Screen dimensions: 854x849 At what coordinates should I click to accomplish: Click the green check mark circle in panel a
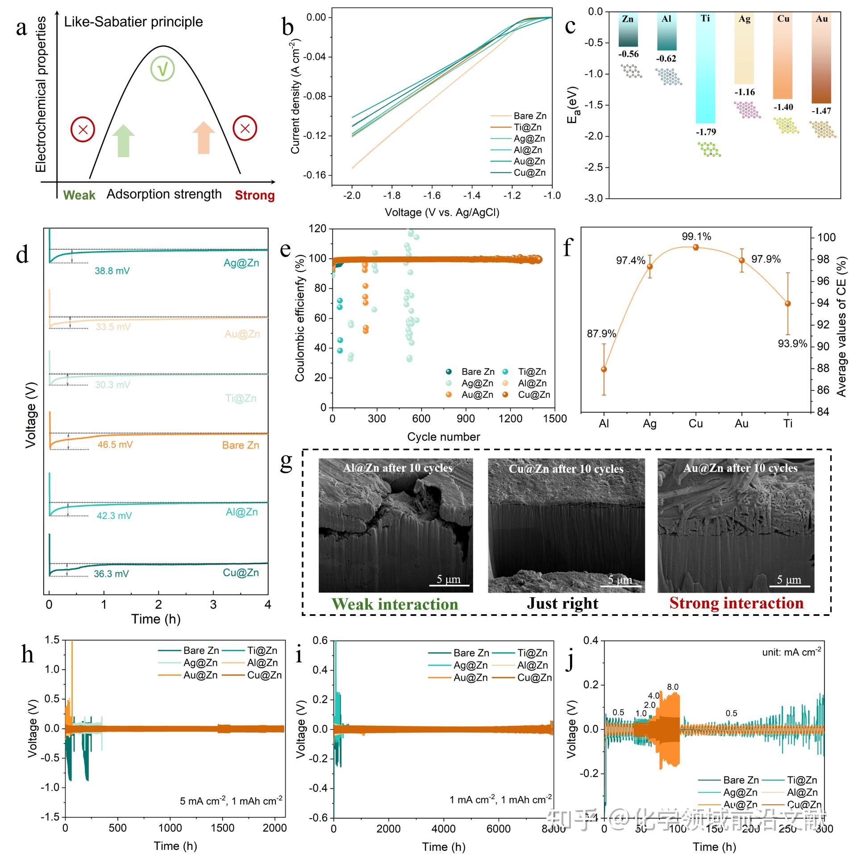(162, 69)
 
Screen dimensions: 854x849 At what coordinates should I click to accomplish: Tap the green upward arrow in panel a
(123, 141)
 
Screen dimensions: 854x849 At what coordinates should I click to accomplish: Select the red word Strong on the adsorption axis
(254, 195)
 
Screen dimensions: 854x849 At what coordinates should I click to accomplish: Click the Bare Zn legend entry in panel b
(529, 116)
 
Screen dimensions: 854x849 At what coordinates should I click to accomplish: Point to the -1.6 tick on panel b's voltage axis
(432, 196)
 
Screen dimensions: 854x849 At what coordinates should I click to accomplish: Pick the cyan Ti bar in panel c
(705, 71)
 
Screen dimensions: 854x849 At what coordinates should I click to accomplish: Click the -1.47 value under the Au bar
(821, 111)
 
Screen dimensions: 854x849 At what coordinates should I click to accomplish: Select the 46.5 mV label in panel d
(115, 444)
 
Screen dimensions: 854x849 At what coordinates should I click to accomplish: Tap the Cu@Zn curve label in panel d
(241, 573)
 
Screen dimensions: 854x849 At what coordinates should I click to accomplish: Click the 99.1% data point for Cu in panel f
(695, 247)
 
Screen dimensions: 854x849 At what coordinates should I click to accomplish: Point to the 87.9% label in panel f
(601, 334)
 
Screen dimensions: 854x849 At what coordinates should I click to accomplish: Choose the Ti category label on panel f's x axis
(788, 423)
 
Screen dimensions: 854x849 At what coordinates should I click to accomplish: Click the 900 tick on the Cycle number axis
(466, 419)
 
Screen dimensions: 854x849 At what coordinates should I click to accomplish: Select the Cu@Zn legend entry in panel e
(534, 395)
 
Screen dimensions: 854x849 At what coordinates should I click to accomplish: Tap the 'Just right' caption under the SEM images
(562, 603)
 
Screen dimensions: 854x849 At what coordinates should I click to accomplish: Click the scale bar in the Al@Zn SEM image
(449, 585)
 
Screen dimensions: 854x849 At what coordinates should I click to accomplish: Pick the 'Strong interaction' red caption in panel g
(737, 603)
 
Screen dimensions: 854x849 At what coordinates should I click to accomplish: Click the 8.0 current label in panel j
(673, 687)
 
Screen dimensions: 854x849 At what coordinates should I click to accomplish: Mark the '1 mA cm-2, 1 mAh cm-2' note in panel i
(500, 799)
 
